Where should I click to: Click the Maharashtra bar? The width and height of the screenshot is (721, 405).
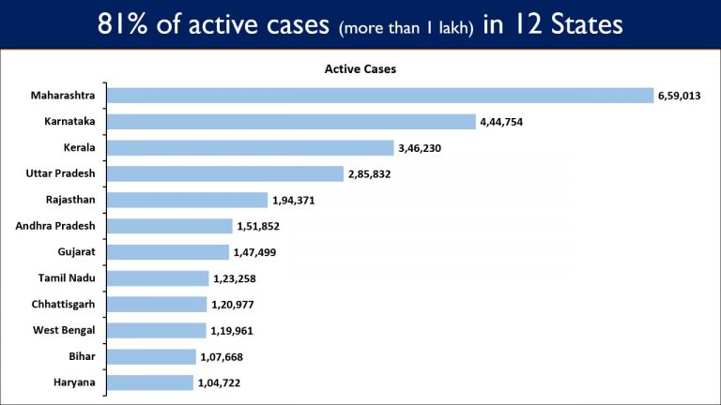[x=380, y=96]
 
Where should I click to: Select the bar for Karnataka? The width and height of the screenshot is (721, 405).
[x=292, y=122]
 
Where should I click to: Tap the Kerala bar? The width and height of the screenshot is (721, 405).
[x=251, y=148]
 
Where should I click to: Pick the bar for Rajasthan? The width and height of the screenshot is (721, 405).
[x=188, y=200]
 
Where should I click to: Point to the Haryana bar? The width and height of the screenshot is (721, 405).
[x=150, y=382]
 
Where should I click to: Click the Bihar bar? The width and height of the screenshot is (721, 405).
[x=152, y=357]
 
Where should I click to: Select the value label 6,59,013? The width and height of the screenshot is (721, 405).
[x=679, y=96]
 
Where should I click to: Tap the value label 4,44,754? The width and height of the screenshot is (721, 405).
[x=501, y=122]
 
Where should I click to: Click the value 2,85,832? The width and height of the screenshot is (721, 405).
[x=369, y=174]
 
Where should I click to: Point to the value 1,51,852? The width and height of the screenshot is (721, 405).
[x=258, y=226]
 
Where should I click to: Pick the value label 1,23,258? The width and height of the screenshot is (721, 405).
[x=235, y=278]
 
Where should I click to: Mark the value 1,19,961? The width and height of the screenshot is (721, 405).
[x=232, y=331]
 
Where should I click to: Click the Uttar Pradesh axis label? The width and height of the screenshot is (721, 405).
[x=60, y=173]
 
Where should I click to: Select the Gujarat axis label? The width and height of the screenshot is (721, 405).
[x=76, y=252]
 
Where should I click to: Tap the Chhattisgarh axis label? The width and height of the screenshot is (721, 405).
[x=63, y=305]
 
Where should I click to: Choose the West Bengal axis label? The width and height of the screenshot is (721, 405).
[x=64, y=330]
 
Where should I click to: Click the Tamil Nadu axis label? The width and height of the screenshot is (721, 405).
[x=67, y=277]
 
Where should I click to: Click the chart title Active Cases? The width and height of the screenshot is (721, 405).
[x=360, y=68]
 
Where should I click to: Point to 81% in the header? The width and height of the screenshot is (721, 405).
[x=122, y=23]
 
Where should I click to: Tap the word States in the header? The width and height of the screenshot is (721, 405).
[x=587, y=23]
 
